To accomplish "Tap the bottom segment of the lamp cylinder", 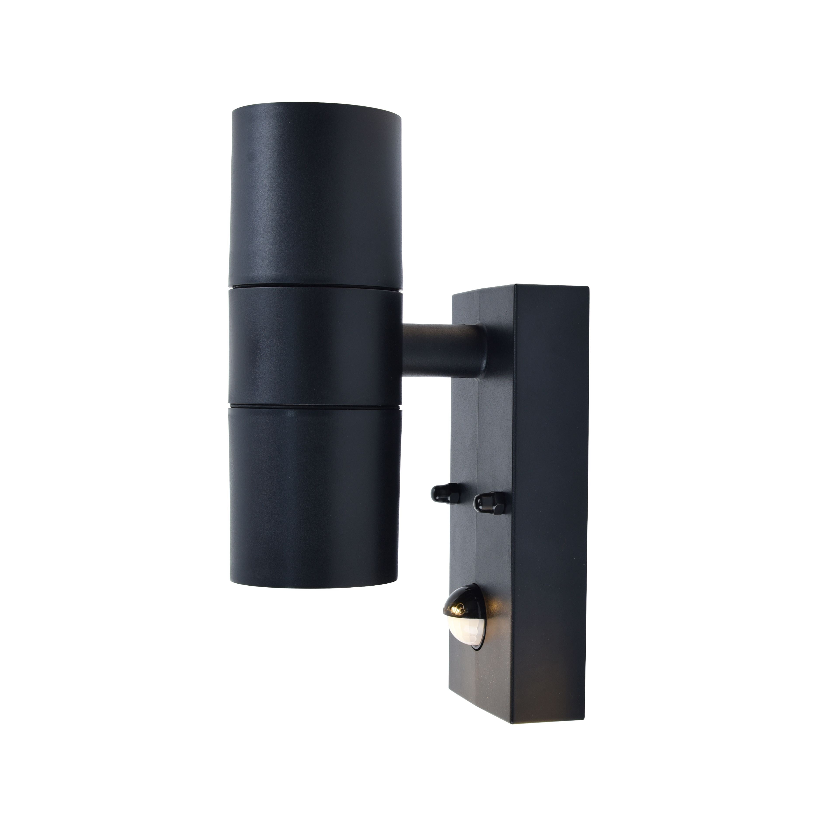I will (x=314, y=492).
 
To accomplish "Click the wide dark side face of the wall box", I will (x=552, y=492).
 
